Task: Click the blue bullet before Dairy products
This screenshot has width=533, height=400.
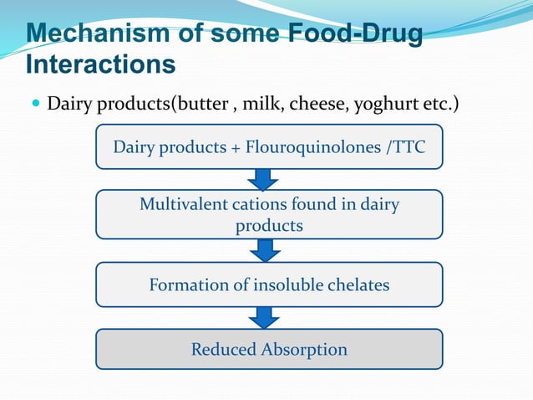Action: (x=34, y=105)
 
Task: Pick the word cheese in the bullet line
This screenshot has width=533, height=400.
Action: (x=318, y=105)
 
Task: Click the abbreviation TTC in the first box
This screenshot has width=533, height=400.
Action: (x=407, y=147)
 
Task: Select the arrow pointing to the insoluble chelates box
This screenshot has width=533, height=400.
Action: (x=265, y=250)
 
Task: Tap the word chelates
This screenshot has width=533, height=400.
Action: (x=356, y=285)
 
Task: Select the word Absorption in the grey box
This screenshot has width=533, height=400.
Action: (x=304, y=350)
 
